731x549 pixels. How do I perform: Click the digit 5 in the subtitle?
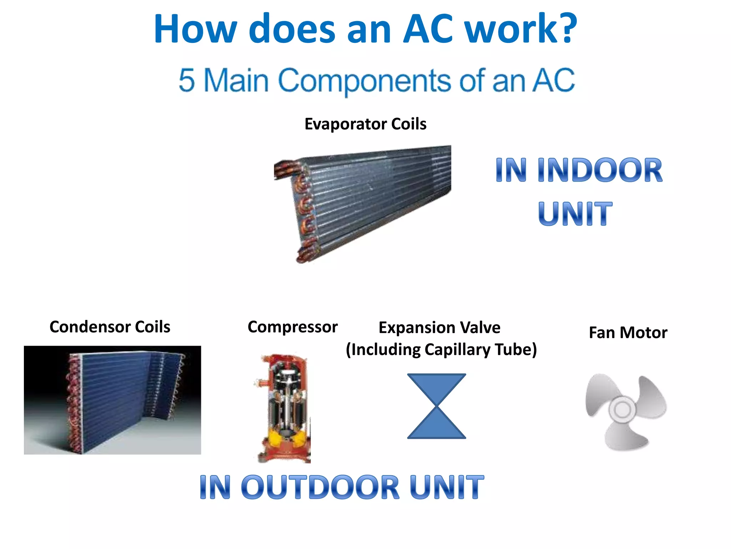coord(187,80)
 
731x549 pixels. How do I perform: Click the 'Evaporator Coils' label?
coord(365,124)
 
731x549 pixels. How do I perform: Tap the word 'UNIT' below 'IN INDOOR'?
coord(575,214)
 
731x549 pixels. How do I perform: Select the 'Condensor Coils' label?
coord(110,327)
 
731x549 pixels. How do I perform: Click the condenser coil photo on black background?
coord(112,400)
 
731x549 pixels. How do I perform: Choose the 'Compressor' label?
coord(293,327)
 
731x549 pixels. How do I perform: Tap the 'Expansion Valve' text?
coord(439,327)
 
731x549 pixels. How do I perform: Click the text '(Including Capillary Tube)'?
coord(441,350)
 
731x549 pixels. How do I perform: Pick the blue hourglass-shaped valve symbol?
coord(437,406)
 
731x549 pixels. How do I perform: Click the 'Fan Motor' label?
coord(628,332)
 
